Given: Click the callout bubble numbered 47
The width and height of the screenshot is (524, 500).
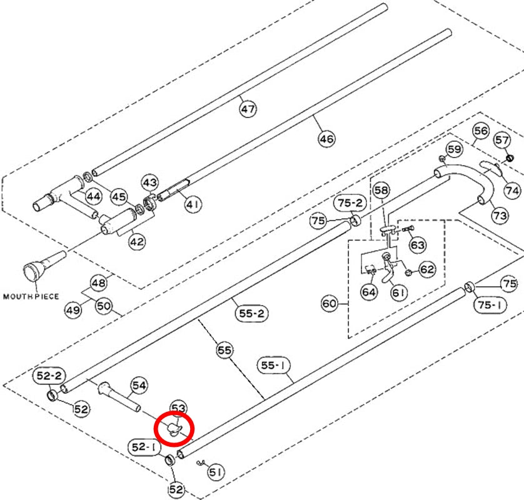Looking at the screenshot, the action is pos(248,109).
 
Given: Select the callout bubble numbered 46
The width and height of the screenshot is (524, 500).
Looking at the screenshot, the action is pos(326,138).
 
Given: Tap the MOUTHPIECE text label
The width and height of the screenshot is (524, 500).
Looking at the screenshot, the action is pos(31,296).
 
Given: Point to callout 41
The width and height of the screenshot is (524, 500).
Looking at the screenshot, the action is pos(193,203).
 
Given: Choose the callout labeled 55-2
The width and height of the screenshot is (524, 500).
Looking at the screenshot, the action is pos(251,313).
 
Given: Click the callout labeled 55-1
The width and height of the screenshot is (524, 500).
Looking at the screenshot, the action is pos(273,366).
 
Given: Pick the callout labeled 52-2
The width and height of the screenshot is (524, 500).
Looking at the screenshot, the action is pos(49,376).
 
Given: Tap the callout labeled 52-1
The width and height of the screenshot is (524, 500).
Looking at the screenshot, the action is pos(144,447).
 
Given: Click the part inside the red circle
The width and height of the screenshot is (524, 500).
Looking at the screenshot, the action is pos(174,429).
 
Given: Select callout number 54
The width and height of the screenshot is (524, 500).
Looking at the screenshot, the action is pos(139,386).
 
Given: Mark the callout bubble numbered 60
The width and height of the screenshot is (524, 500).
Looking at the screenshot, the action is pos(329,303).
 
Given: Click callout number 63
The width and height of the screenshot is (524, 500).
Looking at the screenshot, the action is pos(418,245).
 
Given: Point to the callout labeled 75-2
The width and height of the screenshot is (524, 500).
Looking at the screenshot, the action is pos(350,202).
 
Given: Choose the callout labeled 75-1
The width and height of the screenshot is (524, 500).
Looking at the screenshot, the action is pos(490,304).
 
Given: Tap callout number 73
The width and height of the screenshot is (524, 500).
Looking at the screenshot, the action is pos(500,216).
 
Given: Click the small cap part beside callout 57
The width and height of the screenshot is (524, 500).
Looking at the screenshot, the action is pos(509,157).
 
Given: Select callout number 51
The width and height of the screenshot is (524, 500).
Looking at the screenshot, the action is pos(216,472).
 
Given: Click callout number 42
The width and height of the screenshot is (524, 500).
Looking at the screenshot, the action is pos(137,241).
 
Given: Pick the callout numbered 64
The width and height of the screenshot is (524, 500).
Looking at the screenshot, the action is pos(368,292).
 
